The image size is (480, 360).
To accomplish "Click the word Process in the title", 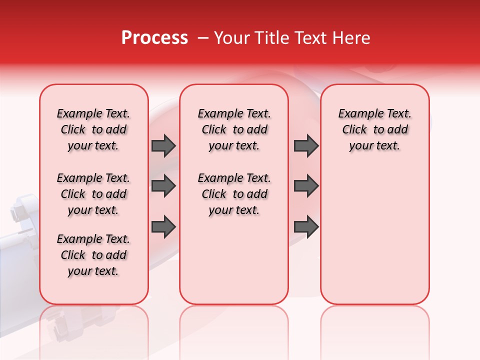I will [154, 38].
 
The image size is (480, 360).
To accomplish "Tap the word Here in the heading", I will [351, 38].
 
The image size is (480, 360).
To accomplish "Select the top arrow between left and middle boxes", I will [163, 145].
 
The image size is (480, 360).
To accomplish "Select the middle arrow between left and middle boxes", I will [163, 186].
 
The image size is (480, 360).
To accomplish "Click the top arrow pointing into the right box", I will [306, 145].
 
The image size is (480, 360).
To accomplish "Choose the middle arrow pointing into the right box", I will [306, 186].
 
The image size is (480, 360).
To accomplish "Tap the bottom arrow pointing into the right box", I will [306, 226].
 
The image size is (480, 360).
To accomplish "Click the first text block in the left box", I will [93, 129].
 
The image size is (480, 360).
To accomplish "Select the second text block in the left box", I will [93, 194].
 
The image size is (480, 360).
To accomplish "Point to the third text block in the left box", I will [93, 255].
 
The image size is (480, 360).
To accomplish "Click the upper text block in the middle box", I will [234, 129].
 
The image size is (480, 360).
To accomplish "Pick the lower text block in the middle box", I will [234, 194].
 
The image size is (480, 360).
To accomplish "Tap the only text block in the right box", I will [374, 129].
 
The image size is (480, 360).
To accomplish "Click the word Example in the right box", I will [356, 113].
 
